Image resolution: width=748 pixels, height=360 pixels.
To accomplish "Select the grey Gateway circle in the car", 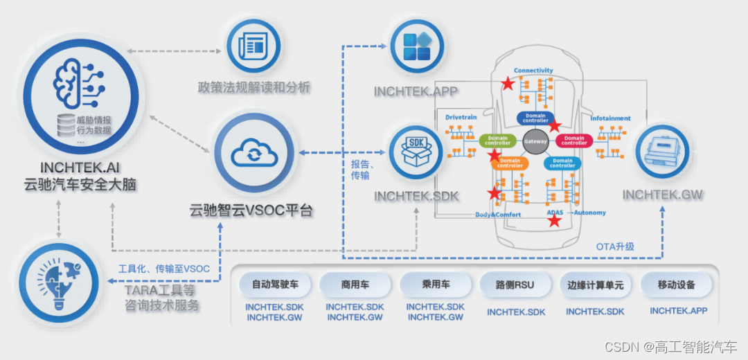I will point(535,141).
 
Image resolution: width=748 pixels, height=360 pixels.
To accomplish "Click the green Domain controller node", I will point(498,141).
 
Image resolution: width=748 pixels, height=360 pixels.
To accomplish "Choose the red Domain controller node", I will point(574,141).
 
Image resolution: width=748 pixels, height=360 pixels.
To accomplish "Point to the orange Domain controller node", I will point(510,163).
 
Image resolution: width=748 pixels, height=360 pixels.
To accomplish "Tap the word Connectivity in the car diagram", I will point(533,71).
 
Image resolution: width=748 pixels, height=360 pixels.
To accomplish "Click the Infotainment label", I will point(610,118).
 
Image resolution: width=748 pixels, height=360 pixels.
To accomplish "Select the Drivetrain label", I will point(461,118).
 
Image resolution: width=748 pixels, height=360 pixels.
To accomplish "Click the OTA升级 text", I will point(615,246).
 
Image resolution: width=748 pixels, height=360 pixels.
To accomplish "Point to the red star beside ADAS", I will point(555,221).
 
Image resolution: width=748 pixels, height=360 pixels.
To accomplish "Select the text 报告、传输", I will point(364,170).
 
